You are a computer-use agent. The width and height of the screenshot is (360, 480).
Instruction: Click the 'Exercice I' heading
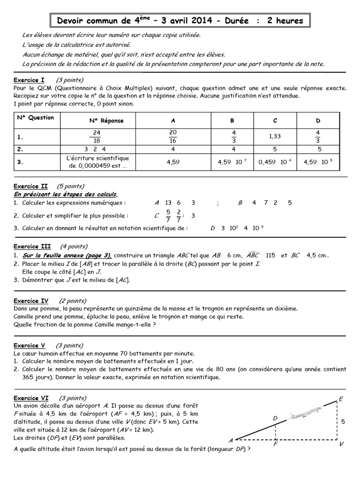(x=29, y=80)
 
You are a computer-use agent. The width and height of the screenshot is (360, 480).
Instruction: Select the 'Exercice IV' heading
(x=31, y=301)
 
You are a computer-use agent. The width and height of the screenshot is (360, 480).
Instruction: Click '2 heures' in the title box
(x=285, y=21)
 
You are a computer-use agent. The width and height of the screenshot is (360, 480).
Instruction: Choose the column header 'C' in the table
(x=276, y=120)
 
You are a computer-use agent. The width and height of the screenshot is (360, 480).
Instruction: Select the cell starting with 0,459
(x=276, y=162)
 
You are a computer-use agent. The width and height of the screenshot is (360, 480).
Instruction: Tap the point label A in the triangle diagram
(x=230, y=440)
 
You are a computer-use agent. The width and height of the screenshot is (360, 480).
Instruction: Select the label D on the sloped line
(x=275, y=418)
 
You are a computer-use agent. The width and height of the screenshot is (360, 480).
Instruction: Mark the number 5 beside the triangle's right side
(x=344, y=421)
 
